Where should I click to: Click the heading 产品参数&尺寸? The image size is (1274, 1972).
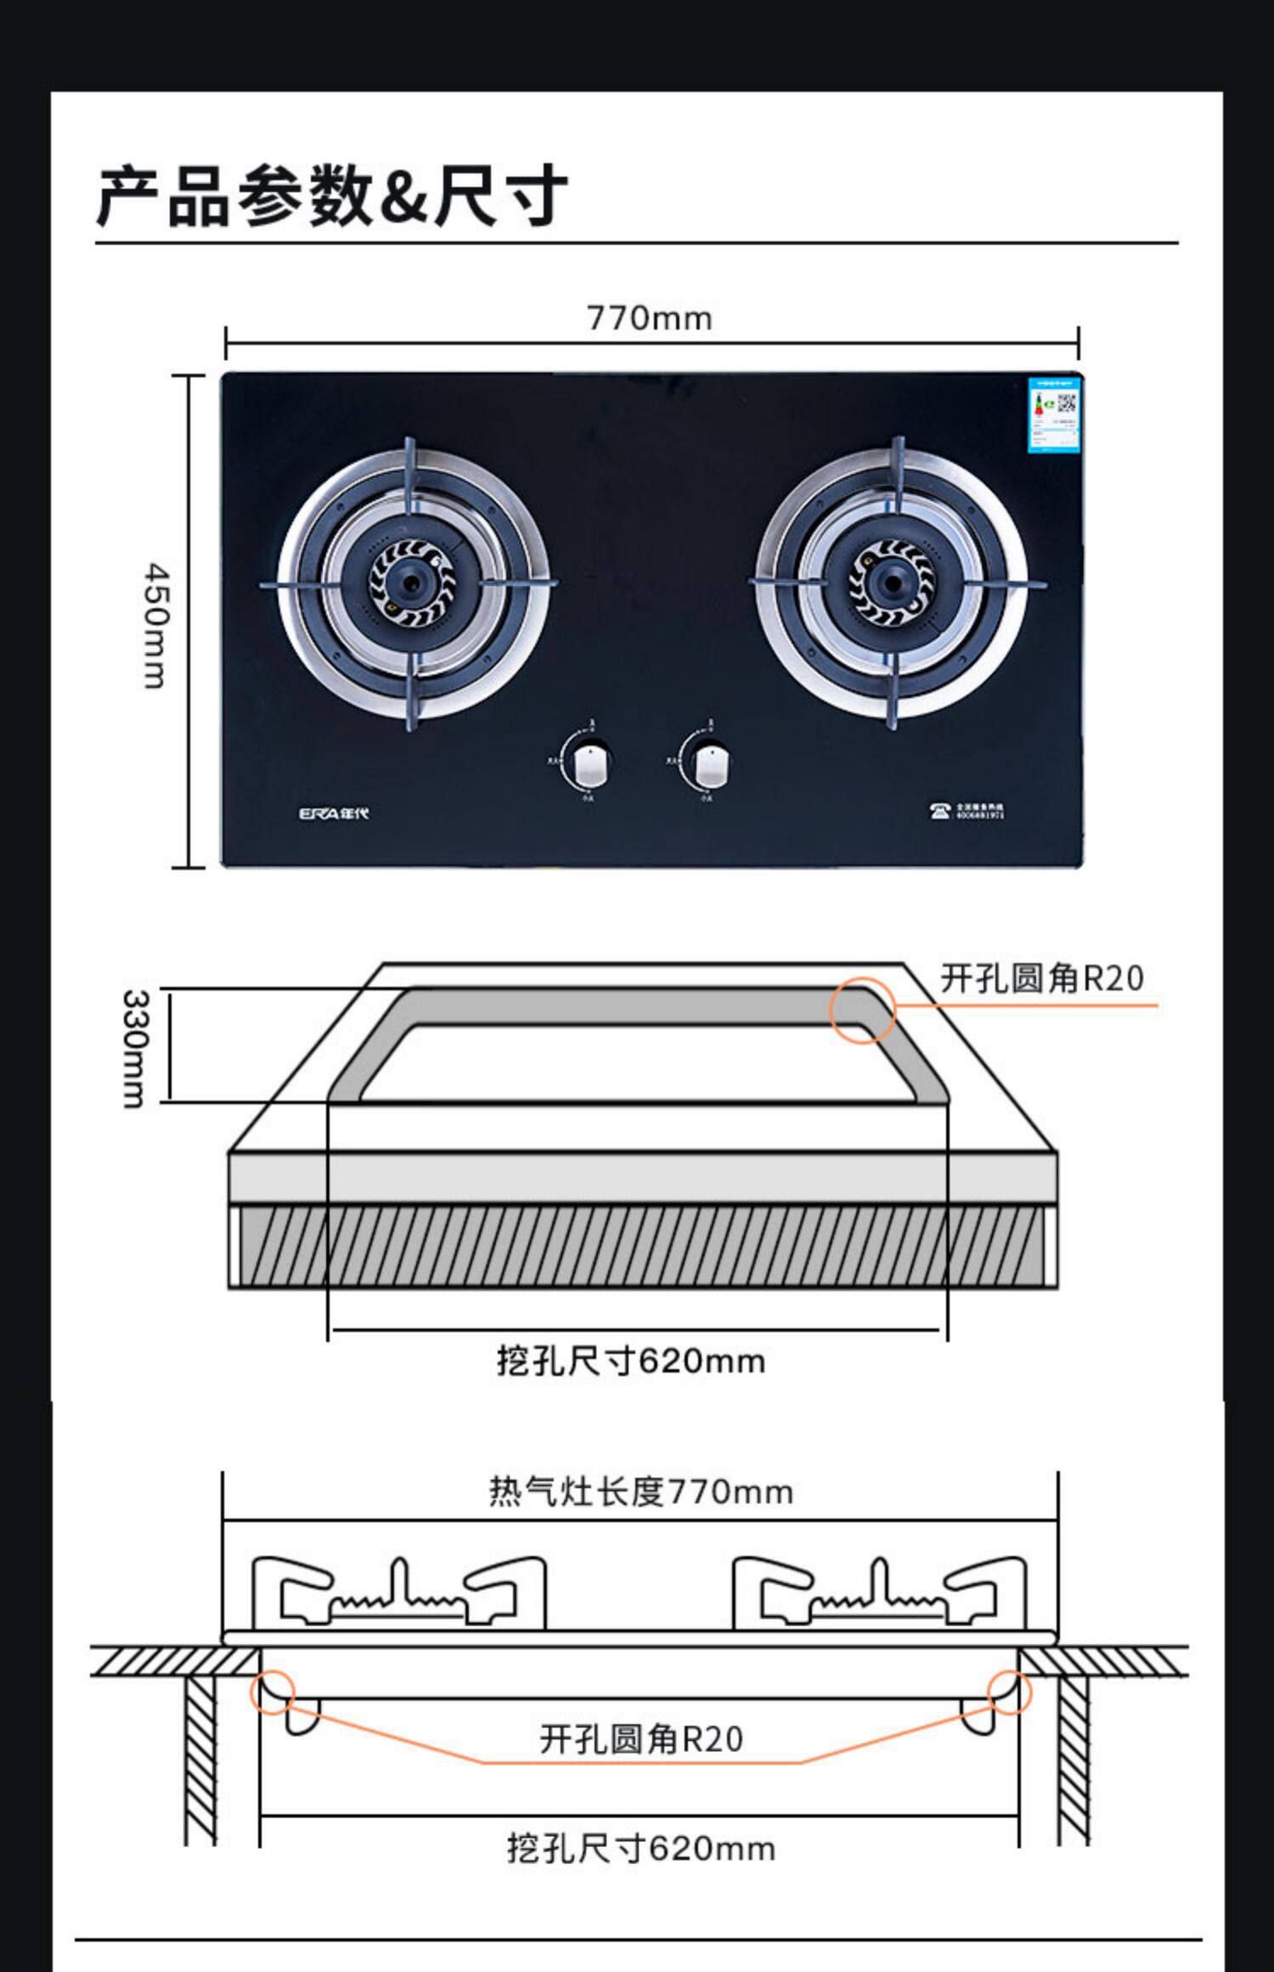(x=331, y=196)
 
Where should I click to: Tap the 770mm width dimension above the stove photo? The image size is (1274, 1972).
(x=650, y=318)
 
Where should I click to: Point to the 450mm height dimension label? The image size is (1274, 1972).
(x=155, y=624)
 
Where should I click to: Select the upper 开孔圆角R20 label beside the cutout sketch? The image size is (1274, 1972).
(x=1042, y=978)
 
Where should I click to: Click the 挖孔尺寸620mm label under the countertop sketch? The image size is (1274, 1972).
(x=631, y=1361)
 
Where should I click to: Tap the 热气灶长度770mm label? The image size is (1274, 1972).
(x=641, y=1491)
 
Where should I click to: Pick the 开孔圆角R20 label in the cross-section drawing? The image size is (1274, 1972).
(x=641, y=1738)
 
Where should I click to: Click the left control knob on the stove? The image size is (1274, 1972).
(x=591, y=766)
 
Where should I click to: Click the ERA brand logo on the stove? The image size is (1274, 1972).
(x=334, y=813)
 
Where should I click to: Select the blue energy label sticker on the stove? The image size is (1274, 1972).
(x=1053, y=415)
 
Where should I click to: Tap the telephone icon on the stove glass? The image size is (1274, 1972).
(x=939, y=810)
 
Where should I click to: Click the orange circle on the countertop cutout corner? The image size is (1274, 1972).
(x=861, y=1010)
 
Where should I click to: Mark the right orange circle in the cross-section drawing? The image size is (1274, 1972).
(x=1009, y=1691)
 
